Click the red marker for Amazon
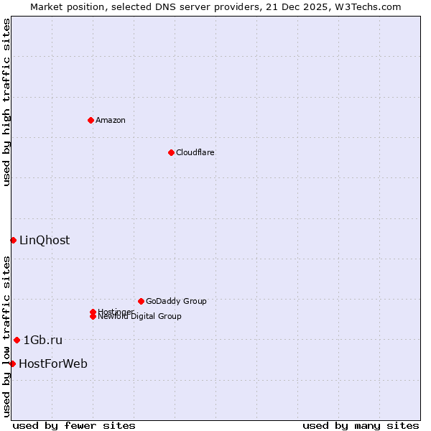tap(91, 120)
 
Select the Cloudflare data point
tap(171, 152)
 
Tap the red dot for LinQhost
tap(13, 240)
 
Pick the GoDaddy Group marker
tap(141, 301)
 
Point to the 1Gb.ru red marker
tap(17, 340)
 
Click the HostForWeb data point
tap(12, 363)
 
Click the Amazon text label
tap(111, 120)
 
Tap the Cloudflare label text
tap(195, 152)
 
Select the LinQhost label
tap(45, 240)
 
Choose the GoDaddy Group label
tap(176, 301)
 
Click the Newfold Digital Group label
tap(140, 317)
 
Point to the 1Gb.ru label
tap(43, 340)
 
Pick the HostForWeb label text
tap(53, 363)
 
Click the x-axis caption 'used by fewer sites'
tap(74, 425)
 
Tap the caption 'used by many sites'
tap(361, 425)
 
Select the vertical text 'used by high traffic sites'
tap(6, 102)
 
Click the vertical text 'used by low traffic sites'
tap(6, 335)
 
